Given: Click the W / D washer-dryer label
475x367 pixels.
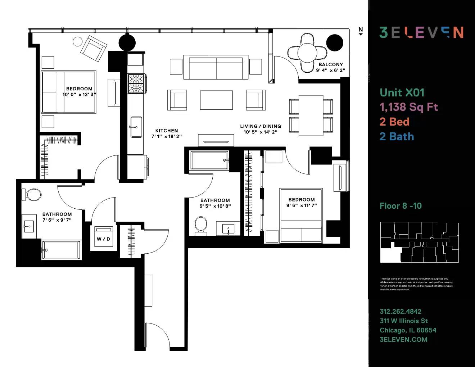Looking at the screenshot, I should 103,239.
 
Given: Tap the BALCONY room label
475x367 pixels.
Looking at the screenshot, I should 331,64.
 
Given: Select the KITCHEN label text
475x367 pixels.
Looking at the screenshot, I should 167,131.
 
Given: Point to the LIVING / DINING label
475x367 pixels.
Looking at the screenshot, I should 261,126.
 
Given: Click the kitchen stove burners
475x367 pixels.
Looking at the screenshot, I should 136,83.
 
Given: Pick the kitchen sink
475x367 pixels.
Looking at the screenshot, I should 136,127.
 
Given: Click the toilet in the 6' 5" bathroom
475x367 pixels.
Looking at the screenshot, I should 201,225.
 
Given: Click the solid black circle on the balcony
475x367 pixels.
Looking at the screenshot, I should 335,43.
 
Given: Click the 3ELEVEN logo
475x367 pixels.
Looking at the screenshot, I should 421,32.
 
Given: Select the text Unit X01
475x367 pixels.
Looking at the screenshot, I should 402,92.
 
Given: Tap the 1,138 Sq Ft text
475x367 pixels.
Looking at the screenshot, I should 409,107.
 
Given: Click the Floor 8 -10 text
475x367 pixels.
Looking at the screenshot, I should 401,206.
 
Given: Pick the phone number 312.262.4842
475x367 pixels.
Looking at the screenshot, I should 401,312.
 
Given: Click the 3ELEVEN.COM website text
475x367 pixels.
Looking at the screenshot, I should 403,339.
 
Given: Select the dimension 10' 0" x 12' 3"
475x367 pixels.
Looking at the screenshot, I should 79,95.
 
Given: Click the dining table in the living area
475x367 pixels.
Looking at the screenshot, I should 311,115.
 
